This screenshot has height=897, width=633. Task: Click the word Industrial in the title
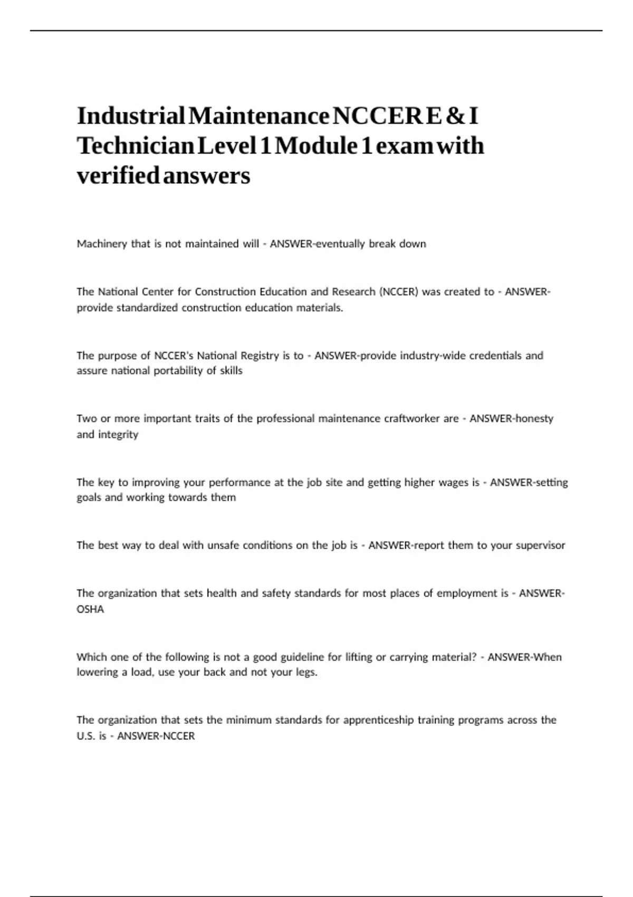click(131, 116)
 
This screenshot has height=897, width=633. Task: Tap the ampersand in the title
click(453, 116)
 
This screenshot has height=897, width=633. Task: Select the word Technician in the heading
click(136, 146)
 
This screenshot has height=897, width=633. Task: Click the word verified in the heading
click(118, 175)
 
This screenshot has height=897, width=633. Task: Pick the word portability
click(178, 371)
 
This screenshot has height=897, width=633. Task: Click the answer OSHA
click(90, 609)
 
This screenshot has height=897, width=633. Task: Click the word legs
click(306, 673)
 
